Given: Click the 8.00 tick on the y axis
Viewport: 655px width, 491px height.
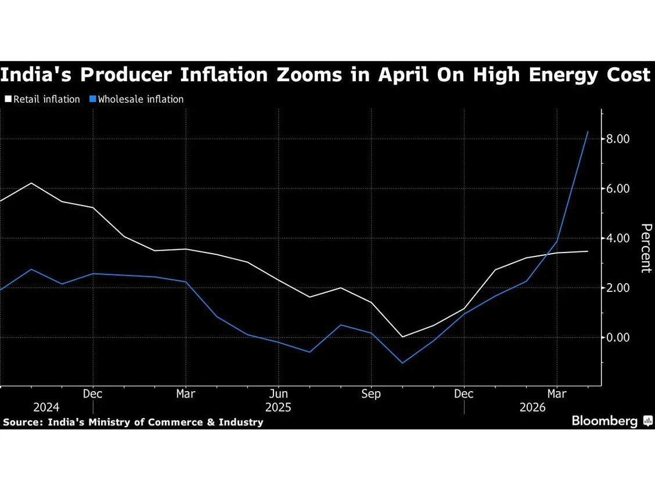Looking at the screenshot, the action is click(617, 139).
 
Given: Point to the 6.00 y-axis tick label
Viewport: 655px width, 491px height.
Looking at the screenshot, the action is click(617, 188).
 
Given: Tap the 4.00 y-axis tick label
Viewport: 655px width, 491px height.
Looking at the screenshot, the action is click(617, 238).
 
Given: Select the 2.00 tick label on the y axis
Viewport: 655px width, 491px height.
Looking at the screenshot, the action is click(617, 288).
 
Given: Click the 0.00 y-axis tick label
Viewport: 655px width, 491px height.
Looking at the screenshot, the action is click(617, 337).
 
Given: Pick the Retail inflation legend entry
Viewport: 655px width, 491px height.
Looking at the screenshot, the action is click(42, 99).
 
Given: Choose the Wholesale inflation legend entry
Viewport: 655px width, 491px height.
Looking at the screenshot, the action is click(136, 99).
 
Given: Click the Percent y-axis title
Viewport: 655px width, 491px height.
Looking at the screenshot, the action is click(646, 248).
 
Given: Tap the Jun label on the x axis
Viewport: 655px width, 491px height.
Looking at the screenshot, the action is click(278, 393).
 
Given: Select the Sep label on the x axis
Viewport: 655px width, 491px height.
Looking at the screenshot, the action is click(371, 393).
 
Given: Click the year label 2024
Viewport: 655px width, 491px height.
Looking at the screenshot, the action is click(46, 407).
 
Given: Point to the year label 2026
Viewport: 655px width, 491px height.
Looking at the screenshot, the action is click(532, 407).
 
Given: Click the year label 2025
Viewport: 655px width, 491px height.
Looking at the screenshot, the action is click(278, 407).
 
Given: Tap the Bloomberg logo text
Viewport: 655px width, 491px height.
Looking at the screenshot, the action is click(604, 421).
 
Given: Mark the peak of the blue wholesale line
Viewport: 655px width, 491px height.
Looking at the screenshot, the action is click(588, 132).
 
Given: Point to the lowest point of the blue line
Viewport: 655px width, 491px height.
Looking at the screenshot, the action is click(402, 363).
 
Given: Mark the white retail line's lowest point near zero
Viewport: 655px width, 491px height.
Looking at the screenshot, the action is click(402, 337).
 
